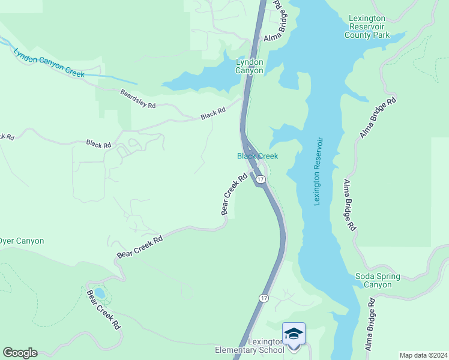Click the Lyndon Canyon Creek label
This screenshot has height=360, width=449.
point(49,62)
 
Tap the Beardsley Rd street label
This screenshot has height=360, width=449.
point(137,100)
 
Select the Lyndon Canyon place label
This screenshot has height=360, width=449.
point(249,66)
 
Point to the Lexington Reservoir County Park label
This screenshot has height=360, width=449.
point(367,27)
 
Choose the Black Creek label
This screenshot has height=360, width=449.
point(258,156)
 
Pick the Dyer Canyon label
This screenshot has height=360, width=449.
point(22,241)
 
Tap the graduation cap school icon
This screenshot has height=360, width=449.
point(294,334)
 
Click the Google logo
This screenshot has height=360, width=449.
point(20,353)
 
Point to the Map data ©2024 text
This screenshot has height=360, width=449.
point(423,355)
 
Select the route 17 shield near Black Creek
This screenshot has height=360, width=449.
point(260,179)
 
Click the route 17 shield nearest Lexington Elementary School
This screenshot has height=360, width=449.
point(264,298)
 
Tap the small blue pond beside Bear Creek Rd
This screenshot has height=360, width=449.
point(100,293)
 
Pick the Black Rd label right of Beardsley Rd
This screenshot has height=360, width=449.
point(213,112)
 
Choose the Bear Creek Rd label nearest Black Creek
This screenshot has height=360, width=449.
point(234,194)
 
